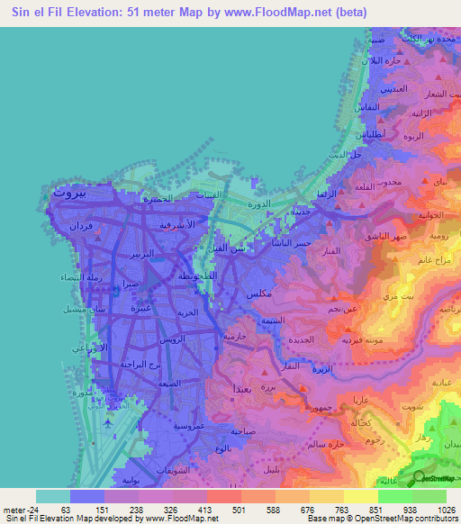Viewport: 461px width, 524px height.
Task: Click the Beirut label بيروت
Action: click(x=68, y=192)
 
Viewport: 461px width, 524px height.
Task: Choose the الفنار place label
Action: click(x=329, y=249)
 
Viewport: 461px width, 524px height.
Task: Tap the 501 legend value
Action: click(x=239, y=508)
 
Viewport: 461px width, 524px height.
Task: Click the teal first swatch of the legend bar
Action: click(x=53, y=495)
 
